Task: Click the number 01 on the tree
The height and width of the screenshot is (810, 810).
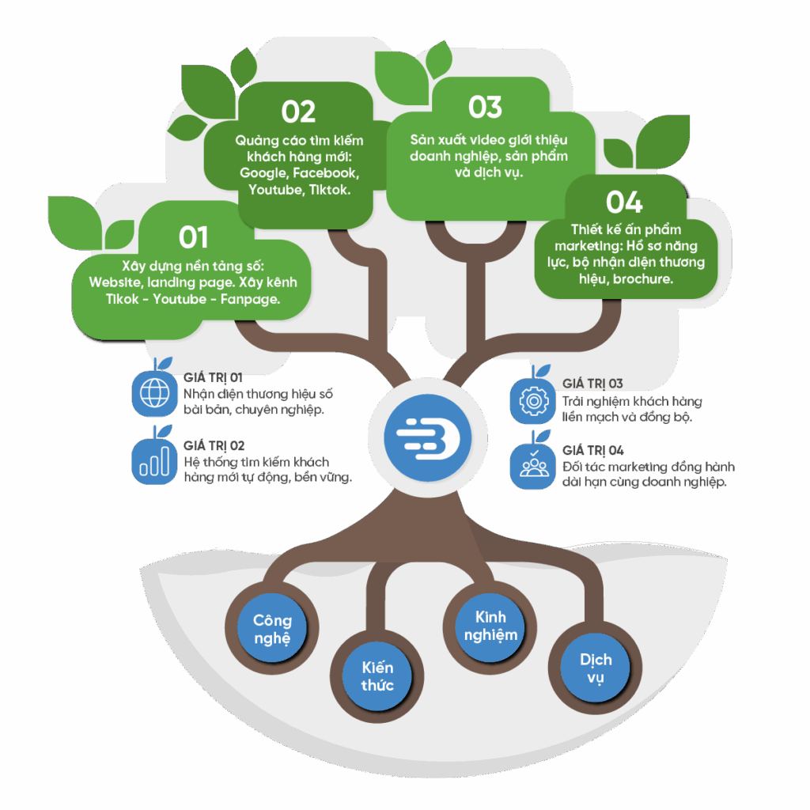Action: pyautogui.click(x=194, y=237)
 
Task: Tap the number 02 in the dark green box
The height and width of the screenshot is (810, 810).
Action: pyautogui.click(x=298, y=112)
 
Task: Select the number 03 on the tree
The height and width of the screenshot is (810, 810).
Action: pyautogui.click(x=485, y=107)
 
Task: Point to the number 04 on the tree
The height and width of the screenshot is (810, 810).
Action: pyautogui.click(x=624, y=202)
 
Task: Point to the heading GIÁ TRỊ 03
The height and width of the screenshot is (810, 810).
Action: pyautogui.click(x=592, y=384)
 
